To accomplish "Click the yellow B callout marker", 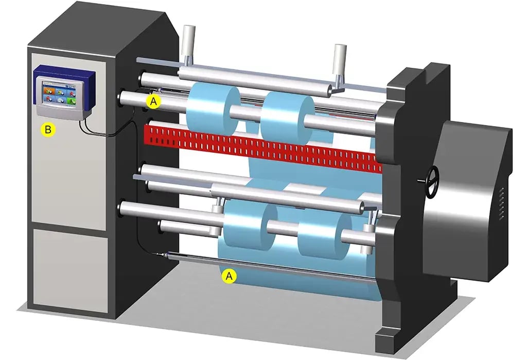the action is (48, 129).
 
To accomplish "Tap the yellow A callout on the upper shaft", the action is (153, 101).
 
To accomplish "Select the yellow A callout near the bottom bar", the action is (229, 276).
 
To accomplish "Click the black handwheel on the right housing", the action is (432, 182).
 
